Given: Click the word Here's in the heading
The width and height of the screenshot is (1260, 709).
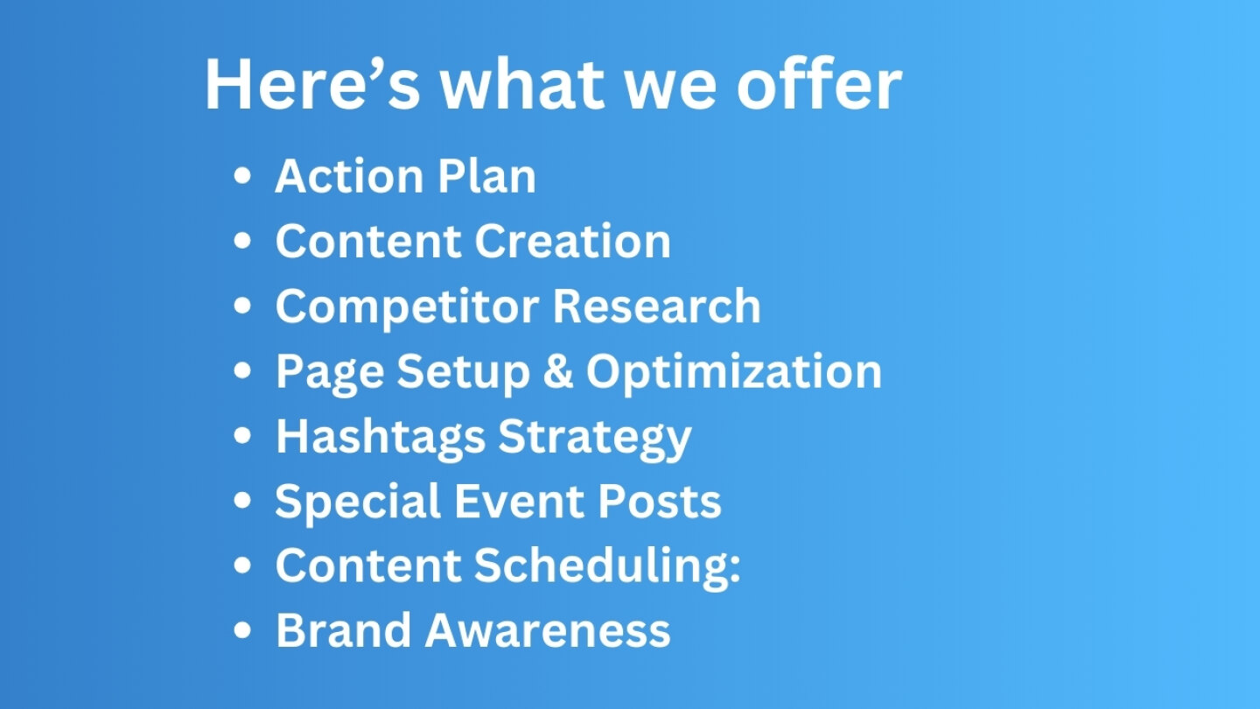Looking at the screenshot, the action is (312, 84).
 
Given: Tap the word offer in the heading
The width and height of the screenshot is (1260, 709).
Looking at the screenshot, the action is (819, 82).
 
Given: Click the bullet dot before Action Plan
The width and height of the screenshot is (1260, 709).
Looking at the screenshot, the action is (242, 176).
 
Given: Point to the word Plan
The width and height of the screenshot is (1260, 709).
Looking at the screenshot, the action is (487, 176).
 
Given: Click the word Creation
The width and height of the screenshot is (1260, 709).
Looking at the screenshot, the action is (572, 241).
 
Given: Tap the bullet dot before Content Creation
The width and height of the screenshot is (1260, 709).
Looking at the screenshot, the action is (242, 241).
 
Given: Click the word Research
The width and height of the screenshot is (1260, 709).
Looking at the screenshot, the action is (657, 305).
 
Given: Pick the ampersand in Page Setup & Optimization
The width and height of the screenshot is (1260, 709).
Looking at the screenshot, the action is (558, 371).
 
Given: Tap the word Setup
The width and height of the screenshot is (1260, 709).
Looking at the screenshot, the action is (464, 373).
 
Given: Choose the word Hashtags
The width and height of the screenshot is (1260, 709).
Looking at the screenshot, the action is (381, 438).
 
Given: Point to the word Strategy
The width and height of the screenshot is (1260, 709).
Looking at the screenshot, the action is (595, 438).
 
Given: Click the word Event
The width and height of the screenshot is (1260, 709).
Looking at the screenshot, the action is (519, 501).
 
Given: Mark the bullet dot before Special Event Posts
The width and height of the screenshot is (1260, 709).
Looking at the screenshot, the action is (242, 501).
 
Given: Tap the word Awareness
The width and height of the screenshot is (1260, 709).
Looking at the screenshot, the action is (548, 631).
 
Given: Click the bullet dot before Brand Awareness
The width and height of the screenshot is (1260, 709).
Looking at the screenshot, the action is (242, 631).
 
